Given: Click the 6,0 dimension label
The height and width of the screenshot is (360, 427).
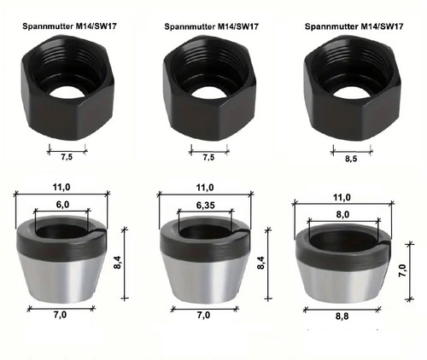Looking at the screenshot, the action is point(62,205).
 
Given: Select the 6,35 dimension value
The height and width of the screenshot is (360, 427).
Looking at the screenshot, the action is point(206,205).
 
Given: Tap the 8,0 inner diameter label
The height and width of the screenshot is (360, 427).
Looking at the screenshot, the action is point(342,214).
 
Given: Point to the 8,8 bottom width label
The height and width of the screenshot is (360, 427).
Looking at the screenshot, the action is point(342,316).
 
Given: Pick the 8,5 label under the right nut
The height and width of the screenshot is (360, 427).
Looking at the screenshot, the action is point(351,159).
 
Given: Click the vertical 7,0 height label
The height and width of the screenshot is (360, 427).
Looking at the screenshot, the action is point(403,270).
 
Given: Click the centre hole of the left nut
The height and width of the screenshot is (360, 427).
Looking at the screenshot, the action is point(67,92).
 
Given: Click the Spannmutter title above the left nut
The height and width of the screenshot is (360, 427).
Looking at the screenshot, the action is point(69,26).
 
